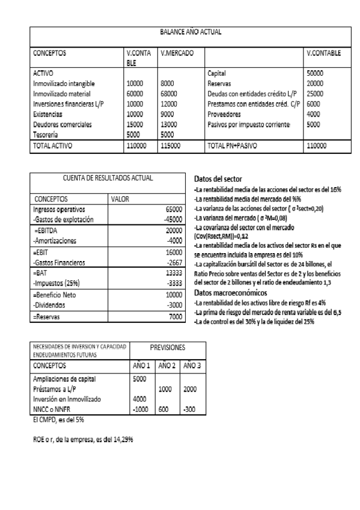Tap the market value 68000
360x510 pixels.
pos(171,94)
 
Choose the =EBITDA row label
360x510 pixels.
pos(47,231)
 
